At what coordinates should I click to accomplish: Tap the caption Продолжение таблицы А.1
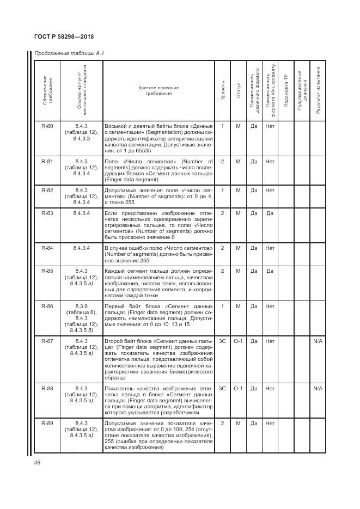pyautogui.click(x=69, y=53)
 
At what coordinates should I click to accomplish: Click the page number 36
pyautogui.click(x=38, y=463)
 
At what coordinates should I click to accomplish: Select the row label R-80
pyautogui.click(x=47, y=126)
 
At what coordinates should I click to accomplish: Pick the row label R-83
pyautogui.click(x=47, y=213)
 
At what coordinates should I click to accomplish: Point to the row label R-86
pyautogui.click(x=47, y=306)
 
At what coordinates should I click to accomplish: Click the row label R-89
pyautogui.click(x=47, y=423)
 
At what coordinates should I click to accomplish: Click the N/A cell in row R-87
pyautogui.click(x=318, y=341)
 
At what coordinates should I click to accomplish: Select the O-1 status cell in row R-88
pyautogui.click(x=238, y=388)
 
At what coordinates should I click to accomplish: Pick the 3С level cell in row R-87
pyautogui.click(x=222, y=341)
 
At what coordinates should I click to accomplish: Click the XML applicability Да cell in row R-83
pyautogui.click(x=270, y=213)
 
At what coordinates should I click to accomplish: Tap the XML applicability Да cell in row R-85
pyautogui.click(x=270, y=271)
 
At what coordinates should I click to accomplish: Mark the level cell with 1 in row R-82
pyautogui.click(x=222, y=190)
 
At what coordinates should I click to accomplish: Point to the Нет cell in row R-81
pyautogui.click(x=270, y=162)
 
